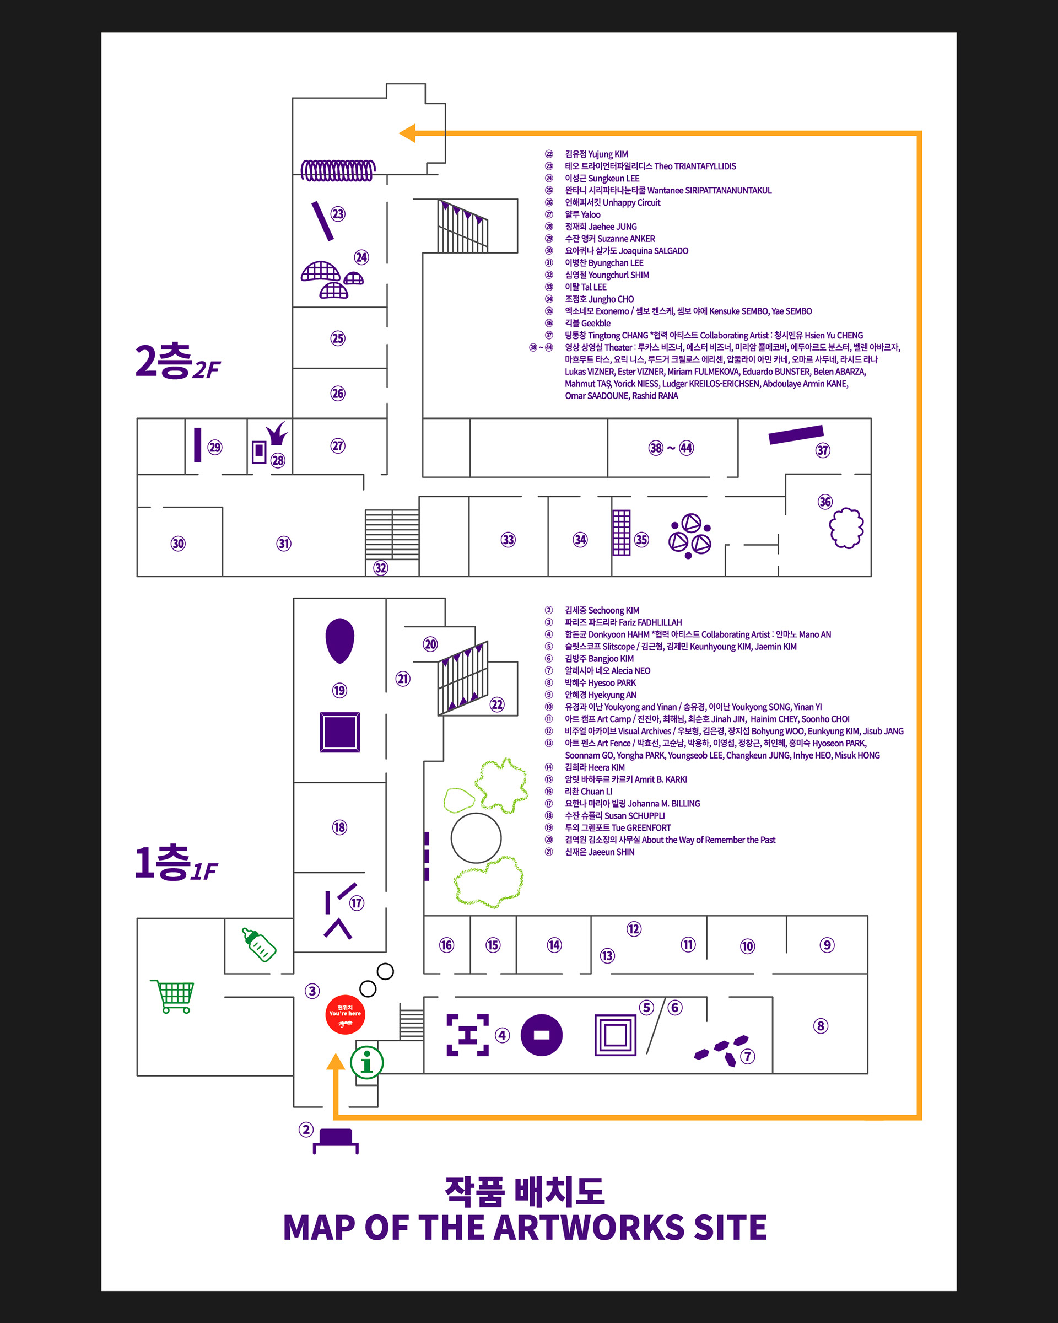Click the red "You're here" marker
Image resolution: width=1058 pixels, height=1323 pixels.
point(345,1014)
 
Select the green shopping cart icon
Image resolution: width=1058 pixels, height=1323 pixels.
point(173,996)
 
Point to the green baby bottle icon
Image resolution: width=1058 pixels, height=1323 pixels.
point(259,944)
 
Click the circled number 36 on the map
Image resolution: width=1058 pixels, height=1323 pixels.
point(825,502)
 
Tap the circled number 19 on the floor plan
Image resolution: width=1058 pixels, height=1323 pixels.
point(339,690)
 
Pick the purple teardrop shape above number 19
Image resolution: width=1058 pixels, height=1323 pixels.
point(339,640)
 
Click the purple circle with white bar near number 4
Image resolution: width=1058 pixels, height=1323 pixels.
point(541,1035)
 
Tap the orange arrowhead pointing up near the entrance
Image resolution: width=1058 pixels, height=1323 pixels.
point(336,1062)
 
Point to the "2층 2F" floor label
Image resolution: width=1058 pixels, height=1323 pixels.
point(177,362)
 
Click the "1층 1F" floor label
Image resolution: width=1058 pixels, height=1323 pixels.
point(175,863)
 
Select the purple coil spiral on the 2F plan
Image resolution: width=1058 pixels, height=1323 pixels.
point(338,170)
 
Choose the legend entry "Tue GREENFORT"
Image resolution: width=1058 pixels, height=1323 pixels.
point(641,828)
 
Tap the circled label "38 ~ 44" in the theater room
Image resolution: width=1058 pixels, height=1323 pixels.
point(671,448)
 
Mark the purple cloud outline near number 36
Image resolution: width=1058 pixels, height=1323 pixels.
point(846,528)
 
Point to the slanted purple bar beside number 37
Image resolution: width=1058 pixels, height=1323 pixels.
point(796,434)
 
